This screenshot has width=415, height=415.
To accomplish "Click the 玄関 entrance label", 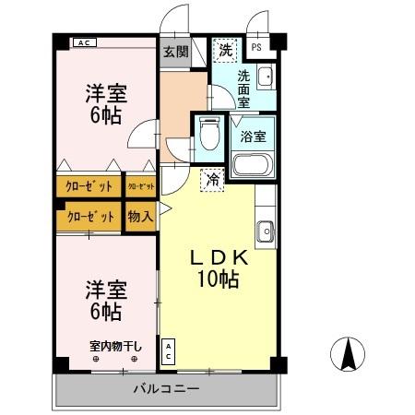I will (175, 53).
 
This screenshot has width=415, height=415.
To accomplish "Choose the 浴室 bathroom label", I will (253, 136).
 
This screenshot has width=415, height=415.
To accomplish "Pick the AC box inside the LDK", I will (170, 351).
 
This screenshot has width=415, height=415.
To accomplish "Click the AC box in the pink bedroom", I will (84, 42).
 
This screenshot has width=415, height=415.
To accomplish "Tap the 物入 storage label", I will (140, 218).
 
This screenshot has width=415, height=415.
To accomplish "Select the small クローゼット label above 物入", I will (140, 186).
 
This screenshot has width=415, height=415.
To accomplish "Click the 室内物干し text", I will (115, 346).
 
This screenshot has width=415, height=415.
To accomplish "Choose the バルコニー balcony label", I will (165, 389).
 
